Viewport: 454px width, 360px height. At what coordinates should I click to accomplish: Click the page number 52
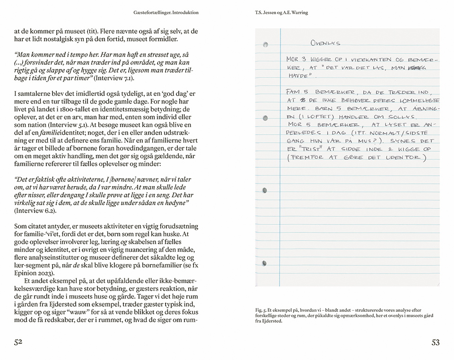pyautogui.click(x=18, y=343)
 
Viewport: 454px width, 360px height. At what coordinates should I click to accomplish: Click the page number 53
pyautogui.click(x=436, y=343)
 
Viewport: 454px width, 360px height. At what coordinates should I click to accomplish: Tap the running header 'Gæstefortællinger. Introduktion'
pyautogui.click(x=166, y=12)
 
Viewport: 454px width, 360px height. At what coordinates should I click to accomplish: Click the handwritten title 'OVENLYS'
pyautogui.click(x=325, y=43)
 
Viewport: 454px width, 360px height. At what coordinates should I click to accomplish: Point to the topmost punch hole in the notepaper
pyautogui.click(x=266, y=44)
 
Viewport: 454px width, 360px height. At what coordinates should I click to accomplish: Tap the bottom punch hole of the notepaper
pyautogui.click(x=265, y=263)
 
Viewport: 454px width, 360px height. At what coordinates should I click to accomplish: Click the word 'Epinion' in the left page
pyautogui.click(x=27, y=273)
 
